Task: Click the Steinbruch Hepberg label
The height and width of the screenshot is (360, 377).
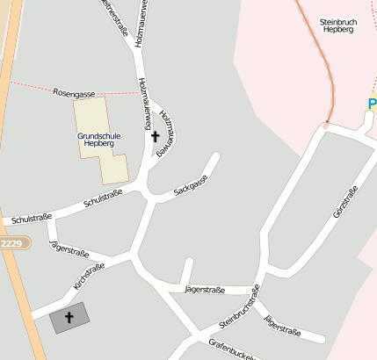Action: [337, 25]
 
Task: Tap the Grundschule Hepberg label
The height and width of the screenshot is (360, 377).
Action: [98, 141]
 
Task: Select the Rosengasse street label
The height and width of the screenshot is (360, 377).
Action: [74, 92]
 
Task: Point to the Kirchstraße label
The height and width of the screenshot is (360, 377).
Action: [90, 277]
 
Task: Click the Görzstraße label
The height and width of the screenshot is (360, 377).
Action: [345, 203]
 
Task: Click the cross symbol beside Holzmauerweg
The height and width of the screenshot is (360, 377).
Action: [156, 137]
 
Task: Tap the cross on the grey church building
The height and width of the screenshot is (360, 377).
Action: [69, 317]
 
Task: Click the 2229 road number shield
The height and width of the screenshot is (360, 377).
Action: [11, 243]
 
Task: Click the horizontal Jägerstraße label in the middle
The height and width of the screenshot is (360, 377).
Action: [206, 290]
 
